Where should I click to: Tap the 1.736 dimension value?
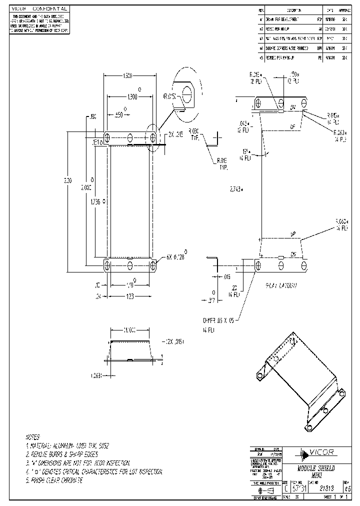pyautogui.click(x=96, y=201)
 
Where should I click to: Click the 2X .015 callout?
pyautogui.click(x=175, y=134)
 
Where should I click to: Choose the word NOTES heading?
pyautogui.click(x=35, y=436)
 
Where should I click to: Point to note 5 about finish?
pyautogui.click(x=54, y=480)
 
